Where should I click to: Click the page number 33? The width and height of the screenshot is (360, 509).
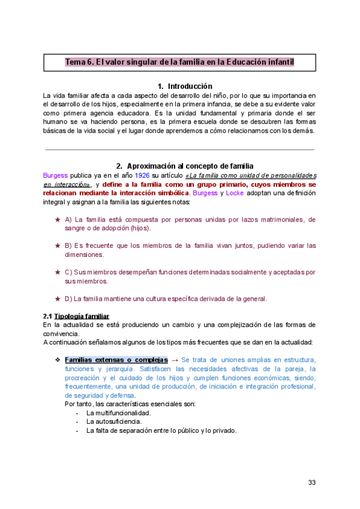tap(311, 483)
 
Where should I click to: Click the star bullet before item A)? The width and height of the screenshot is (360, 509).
tap(58, 220)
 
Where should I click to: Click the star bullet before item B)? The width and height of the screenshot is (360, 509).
tap(58, 245)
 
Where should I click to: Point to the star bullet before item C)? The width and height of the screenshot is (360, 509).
tap(58, 272)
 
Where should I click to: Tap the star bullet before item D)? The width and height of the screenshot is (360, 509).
tap(58, 298)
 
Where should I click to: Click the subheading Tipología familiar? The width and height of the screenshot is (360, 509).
tap(82, 316)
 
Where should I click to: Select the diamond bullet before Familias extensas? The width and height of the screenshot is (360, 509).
tap(58, 360)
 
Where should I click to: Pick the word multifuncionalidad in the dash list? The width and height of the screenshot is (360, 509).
tap(119, 413)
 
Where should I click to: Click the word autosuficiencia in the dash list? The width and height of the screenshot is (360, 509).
tap(112, 421)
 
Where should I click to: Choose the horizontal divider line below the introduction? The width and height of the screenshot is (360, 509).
tap(179, 149)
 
